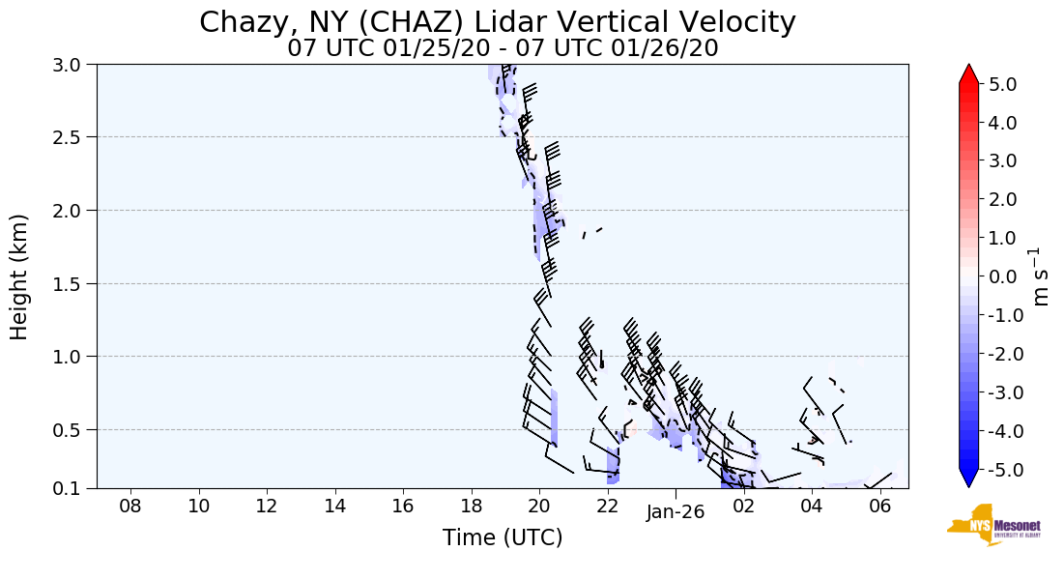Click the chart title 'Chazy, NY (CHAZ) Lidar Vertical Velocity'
pyautogui.click(x=498, y=22)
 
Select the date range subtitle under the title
pyautogui.click(x=503, y=48)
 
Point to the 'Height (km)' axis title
pyautogui.click(x=19, y=276)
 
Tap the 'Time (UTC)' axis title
pyautogui.click(x=503, y=537)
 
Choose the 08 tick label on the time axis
pyautogui.click(x=130, y=506)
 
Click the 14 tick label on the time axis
pyautogui.click(x=334, y=506)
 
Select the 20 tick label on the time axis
pyautogui.click(x=538, y=506)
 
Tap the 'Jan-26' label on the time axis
pyautogui.click(x=676, y=512)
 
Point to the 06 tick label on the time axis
pyautogui.click(x=879, y=506)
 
